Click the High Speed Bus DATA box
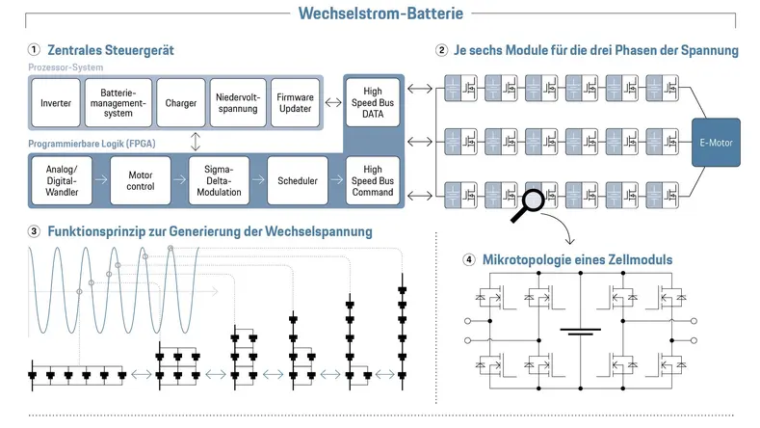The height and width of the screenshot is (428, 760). coord(372,101)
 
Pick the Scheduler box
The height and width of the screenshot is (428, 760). coord(293,179)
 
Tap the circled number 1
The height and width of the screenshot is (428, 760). coord(34,49)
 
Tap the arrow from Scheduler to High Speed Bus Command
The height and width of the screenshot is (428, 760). coord(333,179)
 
